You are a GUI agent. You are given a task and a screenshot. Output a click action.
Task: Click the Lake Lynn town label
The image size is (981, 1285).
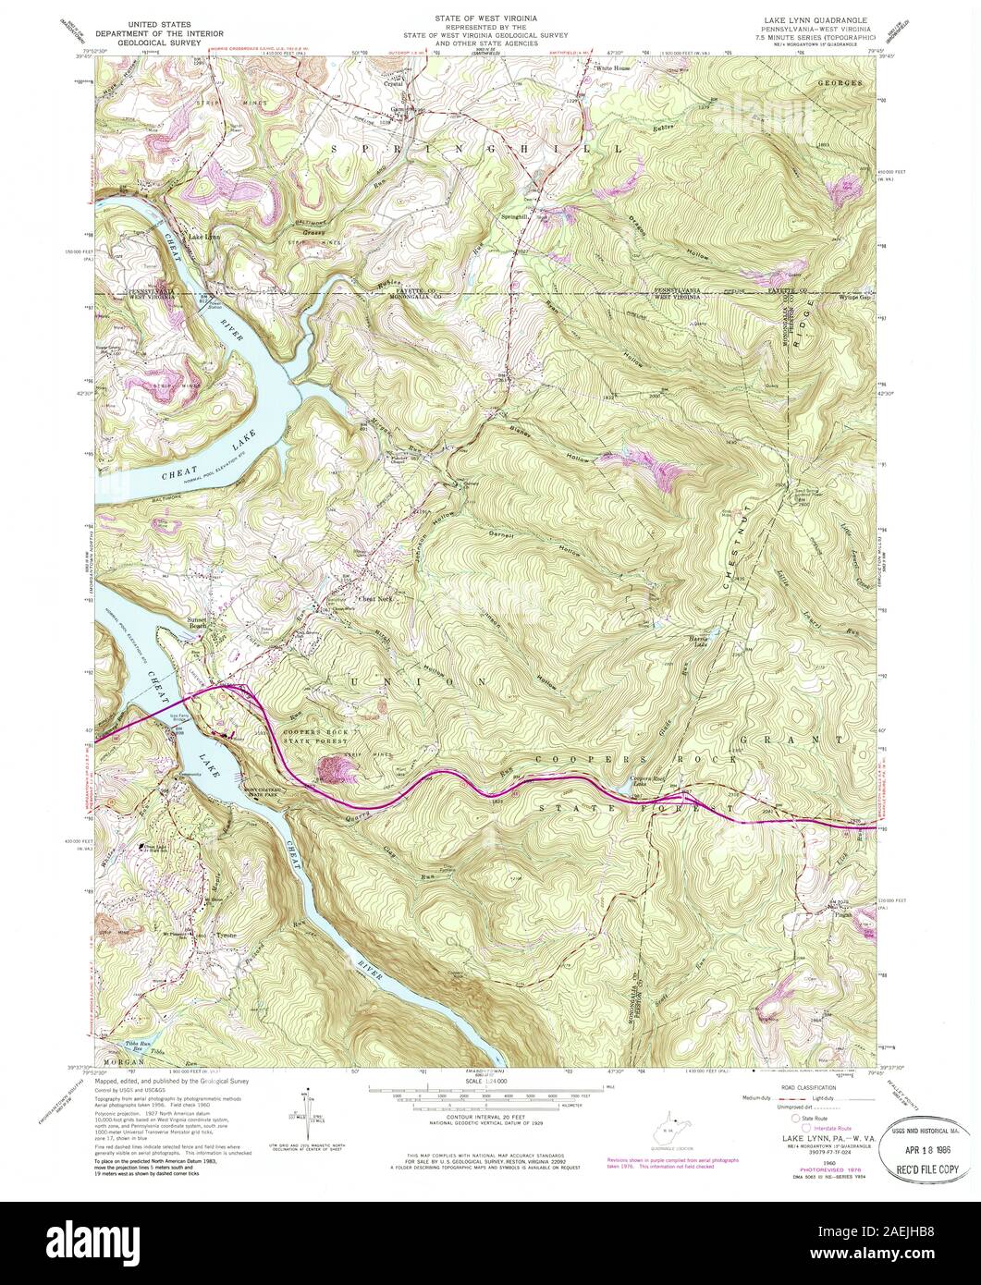(x=204, y=238)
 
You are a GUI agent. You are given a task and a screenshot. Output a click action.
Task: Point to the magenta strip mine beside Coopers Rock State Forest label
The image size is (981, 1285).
(x=332, y=768)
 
